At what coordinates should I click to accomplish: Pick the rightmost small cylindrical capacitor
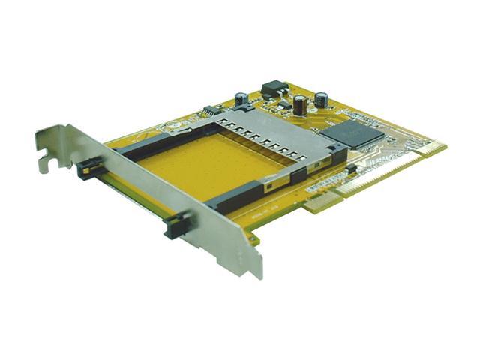tap(321, 99)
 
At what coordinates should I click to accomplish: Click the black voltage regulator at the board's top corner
tap(274, 88)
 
